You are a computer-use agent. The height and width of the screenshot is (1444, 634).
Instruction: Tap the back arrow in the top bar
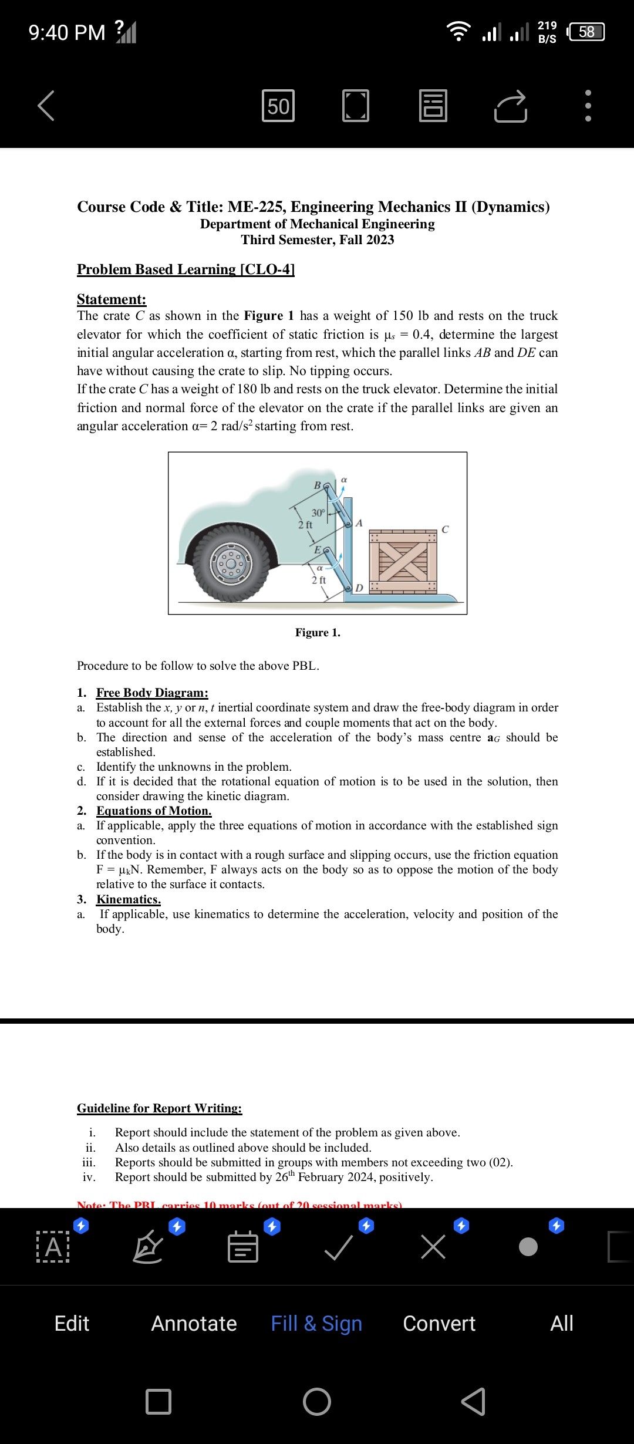click(x=46, y=106)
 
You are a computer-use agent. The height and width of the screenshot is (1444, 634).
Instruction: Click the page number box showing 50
click(x=278, y=106)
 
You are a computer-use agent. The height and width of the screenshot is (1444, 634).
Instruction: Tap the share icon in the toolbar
click(x=511, y=106)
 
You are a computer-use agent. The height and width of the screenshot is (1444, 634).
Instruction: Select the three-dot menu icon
click(x=588, y=106)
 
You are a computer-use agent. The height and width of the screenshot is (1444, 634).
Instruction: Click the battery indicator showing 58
click(x=586, y=32)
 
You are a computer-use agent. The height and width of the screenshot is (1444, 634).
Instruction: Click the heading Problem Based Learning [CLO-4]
click(x=186, y=269)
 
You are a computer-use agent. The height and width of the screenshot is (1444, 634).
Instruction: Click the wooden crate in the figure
click(x=403, y=561)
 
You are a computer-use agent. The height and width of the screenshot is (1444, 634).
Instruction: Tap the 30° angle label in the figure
click(x=318, y=512)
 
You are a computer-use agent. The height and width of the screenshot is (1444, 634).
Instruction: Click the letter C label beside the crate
click(x=445, y=529)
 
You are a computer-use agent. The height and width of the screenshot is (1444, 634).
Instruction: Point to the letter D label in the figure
click(x=359, y=588)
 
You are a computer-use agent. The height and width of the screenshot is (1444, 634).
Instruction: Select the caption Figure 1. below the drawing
click(x=318, y=632)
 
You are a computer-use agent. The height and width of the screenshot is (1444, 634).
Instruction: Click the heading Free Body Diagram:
click(x=152, y=693)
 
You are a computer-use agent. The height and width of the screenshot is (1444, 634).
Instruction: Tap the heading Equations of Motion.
click(x=154, y=811)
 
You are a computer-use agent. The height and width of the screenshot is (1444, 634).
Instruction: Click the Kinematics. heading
click(x=129, y=899)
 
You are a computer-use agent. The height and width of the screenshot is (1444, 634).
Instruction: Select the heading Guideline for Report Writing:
click(x=159, y=1108)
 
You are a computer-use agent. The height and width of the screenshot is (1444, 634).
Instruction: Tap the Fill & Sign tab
click(x=316, y=1324)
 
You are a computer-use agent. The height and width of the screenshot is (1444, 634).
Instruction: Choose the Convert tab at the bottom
click(x=439, y=1324)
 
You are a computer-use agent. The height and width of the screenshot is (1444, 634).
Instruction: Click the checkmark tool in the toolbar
click(x=339, y=1247)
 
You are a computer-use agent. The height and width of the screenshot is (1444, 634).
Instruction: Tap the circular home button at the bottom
click(x=317, y=1402)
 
